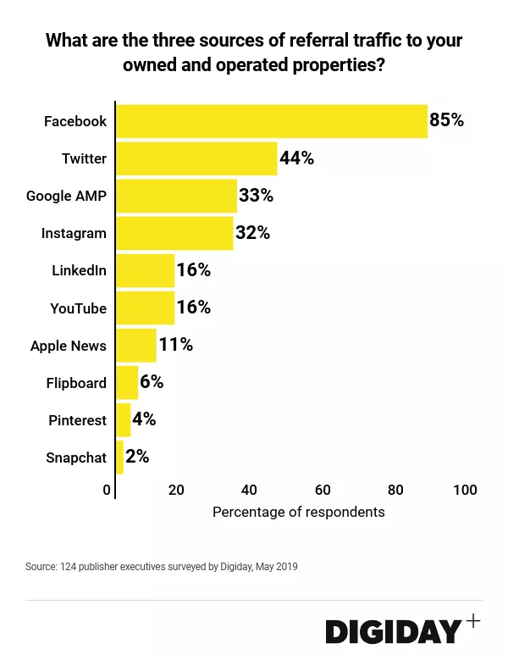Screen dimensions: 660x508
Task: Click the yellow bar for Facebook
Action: point(271,121)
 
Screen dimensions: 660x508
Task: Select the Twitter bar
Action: point(196,158)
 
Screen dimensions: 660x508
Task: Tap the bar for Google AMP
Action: point(176,196)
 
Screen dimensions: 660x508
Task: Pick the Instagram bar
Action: point(174,233)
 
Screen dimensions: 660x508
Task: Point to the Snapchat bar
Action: point(119,458)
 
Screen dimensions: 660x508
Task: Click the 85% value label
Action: point(447,120)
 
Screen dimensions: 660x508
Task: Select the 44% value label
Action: point(296,158)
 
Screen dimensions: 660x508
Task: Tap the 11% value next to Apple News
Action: point(175,345)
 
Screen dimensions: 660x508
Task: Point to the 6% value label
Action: point(152,382)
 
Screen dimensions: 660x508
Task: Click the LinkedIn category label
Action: point(79,270)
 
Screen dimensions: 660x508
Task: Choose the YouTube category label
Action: point(78,308)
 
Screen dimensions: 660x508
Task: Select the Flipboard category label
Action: point(76,383)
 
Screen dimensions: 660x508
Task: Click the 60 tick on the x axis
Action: point(322,491)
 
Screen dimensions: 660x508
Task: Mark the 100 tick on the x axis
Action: point(465,491)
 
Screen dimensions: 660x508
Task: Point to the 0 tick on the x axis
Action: point(108,491)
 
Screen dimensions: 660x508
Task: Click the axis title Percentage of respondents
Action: point(298,512)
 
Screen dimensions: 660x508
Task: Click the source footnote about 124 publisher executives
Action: point(162,566)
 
